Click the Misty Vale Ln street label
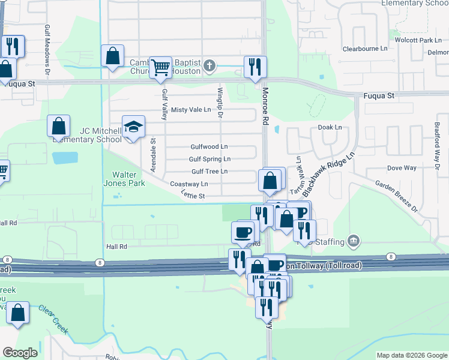(x=191, y=110)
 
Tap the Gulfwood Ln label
(x=209, y=146)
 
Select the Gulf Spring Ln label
(x=209, y=159)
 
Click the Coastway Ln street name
(x=189, y=184)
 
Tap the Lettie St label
(x=193, y=196)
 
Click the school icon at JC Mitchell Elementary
(x=134, y=127)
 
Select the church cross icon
(x=209, y=66)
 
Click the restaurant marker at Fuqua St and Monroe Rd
(x=255, y=66)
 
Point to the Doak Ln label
(x=330, y=127)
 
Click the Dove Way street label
(x=402, y=168)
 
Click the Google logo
(x=20, y=353)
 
